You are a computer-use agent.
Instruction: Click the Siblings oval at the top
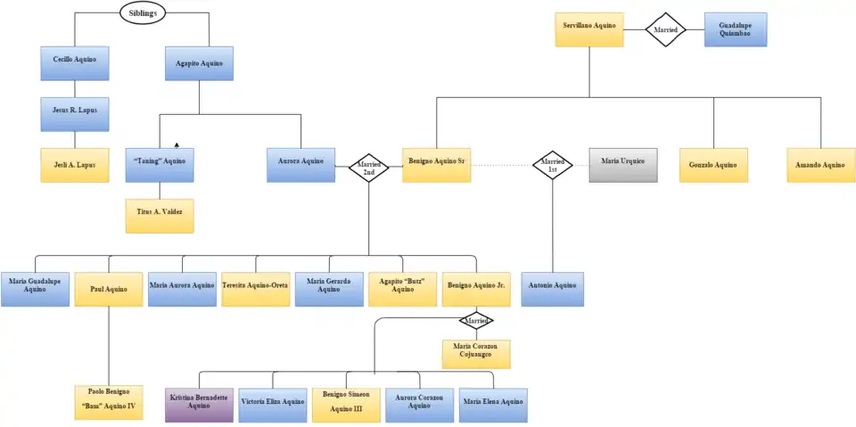point(143,13)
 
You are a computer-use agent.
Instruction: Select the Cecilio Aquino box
point(75,63)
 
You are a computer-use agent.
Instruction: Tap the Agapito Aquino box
point(199,63)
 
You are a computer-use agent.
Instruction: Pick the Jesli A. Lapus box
point(75,165)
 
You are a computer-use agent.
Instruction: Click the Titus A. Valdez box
point(160,216)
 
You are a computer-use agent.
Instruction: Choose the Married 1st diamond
point(552,165)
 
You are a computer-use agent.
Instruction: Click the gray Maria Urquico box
point(623,165)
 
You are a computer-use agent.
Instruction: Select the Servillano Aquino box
point(588,29)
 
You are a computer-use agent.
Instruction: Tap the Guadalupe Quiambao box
point(735,29)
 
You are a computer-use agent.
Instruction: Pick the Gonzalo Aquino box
point(713,165)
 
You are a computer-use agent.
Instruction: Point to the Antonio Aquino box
point(552,289)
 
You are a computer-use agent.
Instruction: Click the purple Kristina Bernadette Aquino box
point(199,404)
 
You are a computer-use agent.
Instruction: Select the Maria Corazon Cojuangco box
point(476,351)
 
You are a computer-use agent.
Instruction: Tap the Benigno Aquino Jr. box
point(476,289)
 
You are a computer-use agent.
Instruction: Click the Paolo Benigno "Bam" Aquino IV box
point(109,402)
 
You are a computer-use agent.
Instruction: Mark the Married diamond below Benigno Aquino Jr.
point(476,320)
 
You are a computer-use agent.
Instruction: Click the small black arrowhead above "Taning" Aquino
point(177,144)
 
